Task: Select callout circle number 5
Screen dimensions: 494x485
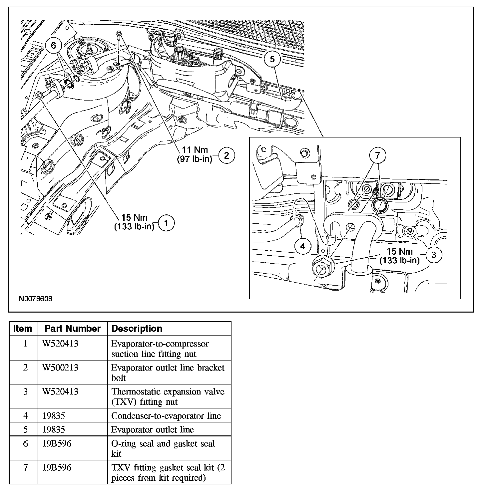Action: (272, 59)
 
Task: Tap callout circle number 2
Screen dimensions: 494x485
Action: (227, 155)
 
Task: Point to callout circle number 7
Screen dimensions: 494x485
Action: (377, 155)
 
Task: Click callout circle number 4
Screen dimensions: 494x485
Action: (302, 246)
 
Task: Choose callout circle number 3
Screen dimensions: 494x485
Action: (433, 255)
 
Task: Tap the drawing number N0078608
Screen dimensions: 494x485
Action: (36, 299)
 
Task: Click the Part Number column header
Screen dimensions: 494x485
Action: (73, 329)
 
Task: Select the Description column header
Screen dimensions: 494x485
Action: (137, 329)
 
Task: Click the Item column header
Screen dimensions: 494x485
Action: (23, 329)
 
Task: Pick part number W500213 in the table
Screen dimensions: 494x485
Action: (60, 368)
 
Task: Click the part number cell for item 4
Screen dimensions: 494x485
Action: (54, 415)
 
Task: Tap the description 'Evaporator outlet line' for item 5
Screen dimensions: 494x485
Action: (153, 429)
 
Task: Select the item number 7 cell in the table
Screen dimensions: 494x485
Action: (25, 468)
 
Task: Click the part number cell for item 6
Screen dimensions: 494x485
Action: (57, 444)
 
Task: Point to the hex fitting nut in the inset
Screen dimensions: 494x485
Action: (321, 268)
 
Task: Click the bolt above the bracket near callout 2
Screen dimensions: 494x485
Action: (119, 33)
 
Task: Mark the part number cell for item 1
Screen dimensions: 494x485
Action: (60, 344)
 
